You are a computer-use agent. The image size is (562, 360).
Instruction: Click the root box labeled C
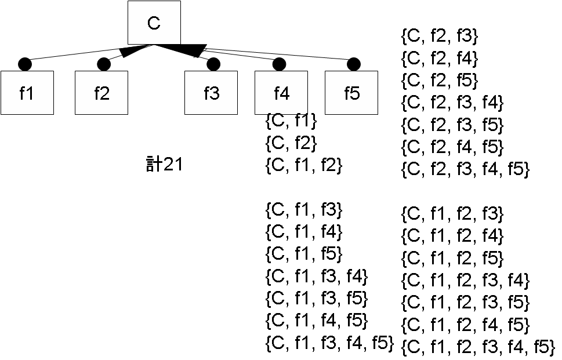click(x=154, y=23)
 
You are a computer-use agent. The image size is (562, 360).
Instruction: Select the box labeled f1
click(x=27, y=93)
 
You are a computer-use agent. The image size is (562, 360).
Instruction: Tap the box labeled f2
click(x=101, y=93)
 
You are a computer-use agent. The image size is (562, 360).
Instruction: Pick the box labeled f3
click(x=211, y=93)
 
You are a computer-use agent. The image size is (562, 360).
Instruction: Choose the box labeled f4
click(x=281, y=93)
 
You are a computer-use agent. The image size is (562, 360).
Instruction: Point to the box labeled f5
click(x=351, y=93)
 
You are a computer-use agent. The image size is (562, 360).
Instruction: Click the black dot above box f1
click(x=24, y=63)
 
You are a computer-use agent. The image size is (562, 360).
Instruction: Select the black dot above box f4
click(x=279, y=63)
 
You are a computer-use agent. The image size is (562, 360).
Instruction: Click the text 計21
click(x=164, y=165)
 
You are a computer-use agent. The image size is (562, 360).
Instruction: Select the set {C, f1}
click(x=291, y=121)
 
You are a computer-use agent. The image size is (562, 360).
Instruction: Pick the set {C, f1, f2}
click(x=303, y=165)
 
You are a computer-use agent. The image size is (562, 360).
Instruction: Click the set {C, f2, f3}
click(x=440, y=37)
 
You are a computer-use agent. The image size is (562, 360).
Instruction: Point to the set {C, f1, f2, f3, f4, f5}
click(x=478, y=347)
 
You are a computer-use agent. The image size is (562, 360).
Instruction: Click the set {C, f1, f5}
click(x=303, y=253)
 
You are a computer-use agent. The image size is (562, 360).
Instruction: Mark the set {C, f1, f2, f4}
click(x=452, y=236)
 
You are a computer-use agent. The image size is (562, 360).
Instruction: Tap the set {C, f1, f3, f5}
click(x=316, y=298)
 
